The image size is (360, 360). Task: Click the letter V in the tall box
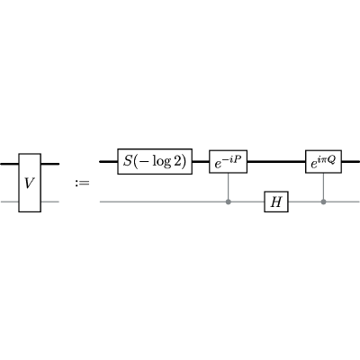pos(30,183)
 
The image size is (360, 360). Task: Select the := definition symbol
pos(82,183)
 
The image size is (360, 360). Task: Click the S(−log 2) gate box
pos(155,161)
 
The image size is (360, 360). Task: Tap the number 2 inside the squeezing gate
pos(177,161)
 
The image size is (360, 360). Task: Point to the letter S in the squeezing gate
pos(128,161)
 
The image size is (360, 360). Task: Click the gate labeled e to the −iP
pos(228,162)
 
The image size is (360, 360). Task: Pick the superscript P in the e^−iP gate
pos(238,157)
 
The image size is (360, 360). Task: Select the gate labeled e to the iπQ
pos(323,161)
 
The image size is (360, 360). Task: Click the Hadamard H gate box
pos(276,202)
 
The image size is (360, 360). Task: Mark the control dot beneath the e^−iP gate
pos(229,202)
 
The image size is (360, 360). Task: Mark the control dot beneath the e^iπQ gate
pos(323,202)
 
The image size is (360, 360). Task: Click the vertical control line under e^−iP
pos(229,186)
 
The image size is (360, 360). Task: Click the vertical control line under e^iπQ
pos(323,186)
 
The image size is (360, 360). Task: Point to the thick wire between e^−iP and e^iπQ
pos(276,162)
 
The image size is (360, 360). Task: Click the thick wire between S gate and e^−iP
pos(201,162)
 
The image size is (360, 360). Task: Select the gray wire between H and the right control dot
pos(304,202)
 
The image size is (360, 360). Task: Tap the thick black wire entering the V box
pos(10,164)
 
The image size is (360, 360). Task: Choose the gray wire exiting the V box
pos(49,202)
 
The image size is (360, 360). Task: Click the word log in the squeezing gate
pos(162,162)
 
